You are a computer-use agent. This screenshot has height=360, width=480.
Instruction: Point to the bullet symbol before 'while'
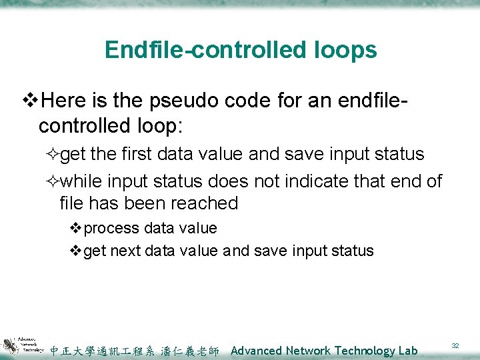pyautogui.click(x=53, y=181)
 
